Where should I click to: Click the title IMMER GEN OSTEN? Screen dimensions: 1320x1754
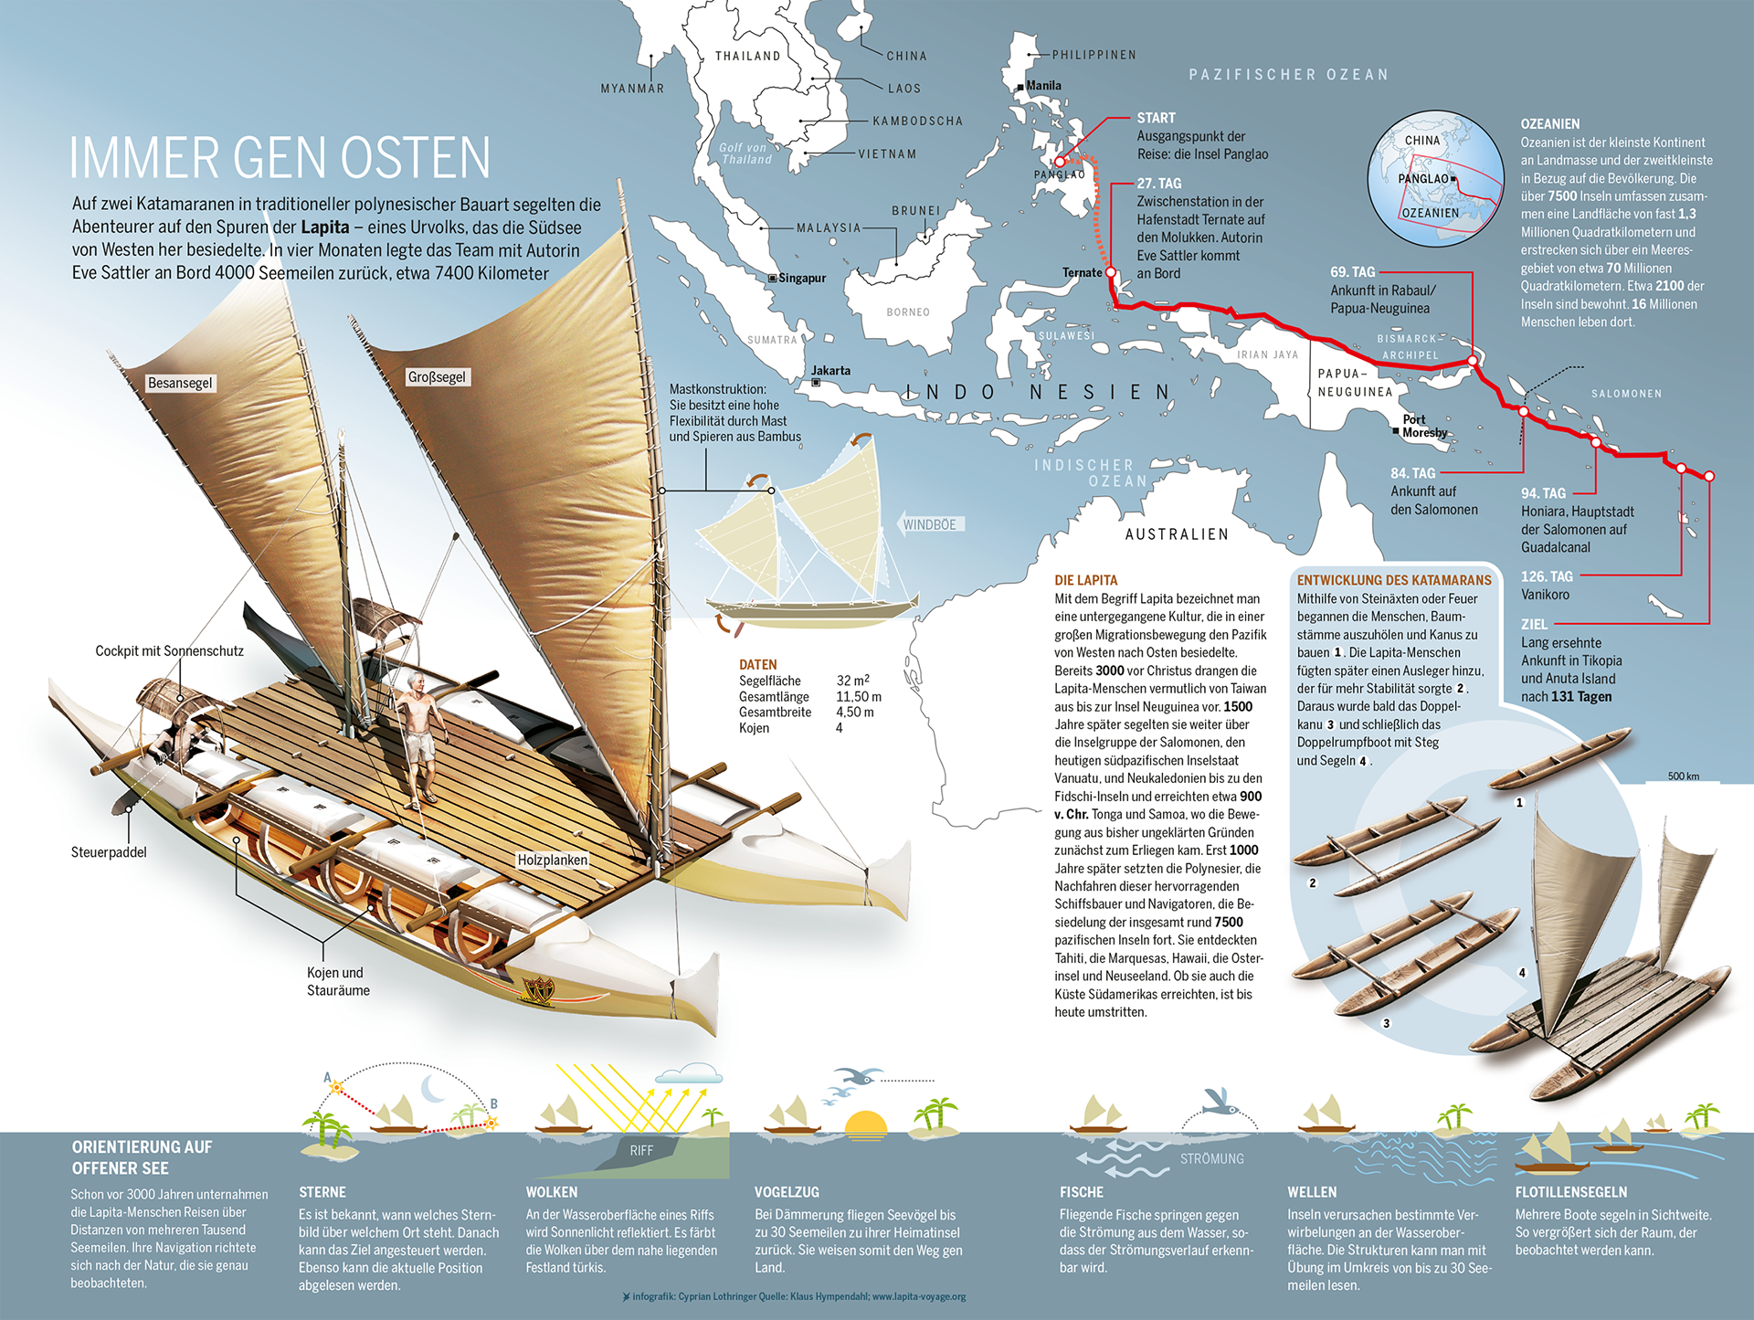pyautogui.click(x=280, y=158)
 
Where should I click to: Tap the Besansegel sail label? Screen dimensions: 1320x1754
pyautogui.click(x=180, y=383)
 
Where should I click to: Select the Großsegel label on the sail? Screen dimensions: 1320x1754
pyautogui.click(x=437, y=377)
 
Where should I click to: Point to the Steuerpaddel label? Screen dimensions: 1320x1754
pyautogui.click(x=109, y=852)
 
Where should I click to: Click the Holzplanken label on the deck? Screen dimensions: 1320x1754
pyautogui.click(x=552, y=860)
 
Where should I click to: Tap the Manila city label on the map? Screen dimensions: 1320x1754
pyautogui.click(x=1043, y=86)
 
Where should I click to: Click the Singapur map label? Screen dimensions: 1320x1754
pyautogui.click(x=801, y=278)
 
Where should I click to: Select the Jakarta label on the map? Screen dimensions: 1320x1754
pyautogui.click(x=830, y=370)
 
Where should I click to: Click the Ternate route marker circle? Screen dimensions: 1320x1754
pyautogui.click(x=1111, y=272)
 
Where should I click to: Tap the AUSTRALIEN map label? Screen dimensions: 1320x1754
pyautogui.click(x=1177, y=534)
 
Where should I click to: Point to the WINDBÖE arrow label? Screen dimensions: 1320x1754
pyautogui.click(x=930, y=524)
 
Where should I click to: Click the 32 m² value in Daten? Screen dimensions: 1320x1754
pyautogui.click(x=852, y=681)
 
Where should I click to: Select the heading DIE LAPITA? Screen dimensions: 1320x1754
pyautogui.click(x=1085, y=580)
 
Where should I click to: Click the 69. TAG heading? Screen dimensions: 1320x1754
pyautogui.click(x=1352, y=272)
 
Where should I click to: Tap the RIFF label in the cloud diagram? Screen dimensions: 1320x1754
pyautogui.click(x=641, y=1151)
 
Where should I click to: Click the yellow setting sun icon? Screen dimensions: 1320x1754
pyautogui.click(x=865, y=1125)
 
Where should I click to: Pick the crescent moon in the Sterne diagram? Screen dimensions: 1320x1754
pyautogui.click(x=433, y=1088)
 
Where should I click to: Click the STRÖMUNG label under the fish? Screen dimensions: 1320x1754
pyautogui.click(x=1211, y=1158)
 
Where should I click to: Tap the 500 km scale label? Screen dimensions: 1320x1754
pyautogui.click(x=1683, y=776)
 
